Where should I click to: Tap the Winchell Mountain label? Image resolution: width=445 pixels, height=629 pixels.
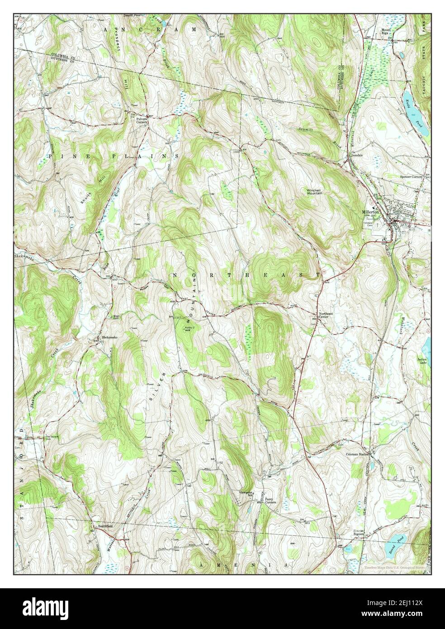[315, 191]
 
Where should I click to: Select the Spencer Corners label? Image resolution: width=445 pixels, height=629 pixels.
[410, 176]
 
